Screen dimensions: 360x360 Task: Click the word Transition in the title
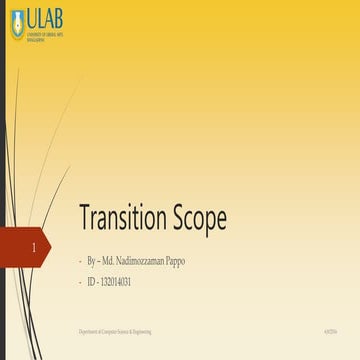(122, 219)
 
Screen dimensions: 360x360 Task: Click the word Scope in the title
(197, 220)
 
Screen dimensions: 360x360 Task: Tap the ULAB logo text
(45, 19)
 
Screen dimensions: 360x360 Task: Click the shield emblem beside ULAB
(16, 24)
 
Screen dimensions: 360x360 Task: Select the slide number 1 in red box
(36, 245)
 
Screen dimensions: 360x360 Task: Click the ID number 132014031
(117, 283)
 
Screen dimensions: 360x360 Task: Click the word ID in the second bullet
(90, 283)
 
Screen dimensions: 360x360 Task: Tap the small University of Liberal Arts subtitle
(45, 36)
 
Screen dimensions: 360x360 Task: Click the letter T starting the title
(84, 219)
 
